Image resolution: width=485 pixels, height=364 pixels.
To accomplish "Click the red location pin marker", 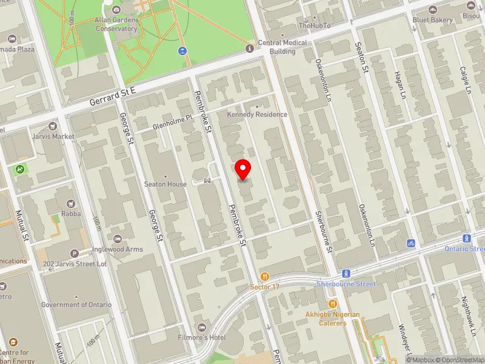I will click(243, 169).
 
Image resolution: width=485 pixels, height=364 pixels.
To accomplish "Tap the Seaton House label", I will click(166, 184).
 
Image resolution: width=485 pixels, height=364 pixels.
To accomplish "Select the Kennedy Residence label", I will click(257, 114).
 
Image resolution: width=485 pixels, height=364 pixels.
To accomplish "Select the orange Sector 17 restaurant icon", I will click(264, 276).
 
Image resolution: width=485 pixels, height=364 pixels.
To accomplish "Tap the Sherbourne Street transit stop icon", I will click(346, 274).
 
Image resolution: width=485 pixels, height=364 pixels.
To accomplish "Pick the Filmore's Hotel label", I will click(218, 337).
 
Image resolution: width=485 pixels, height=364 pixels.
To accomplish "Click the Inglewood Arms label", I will click(118, 249).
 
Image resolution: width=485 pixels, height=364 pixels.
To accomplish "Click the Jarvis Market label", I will click(55, 136).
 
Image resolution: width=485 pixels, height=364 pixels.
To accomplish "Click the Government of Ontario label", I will click(76, 305).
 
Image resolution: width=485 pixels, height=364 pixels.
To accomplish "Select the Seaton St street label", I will click(362, 56).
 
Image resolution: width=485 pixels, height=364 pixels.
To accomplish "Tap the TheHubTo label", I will click(315, 25).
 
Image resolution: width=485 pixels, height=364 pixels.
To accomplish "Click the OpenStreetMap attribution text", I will click(460, 359).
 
